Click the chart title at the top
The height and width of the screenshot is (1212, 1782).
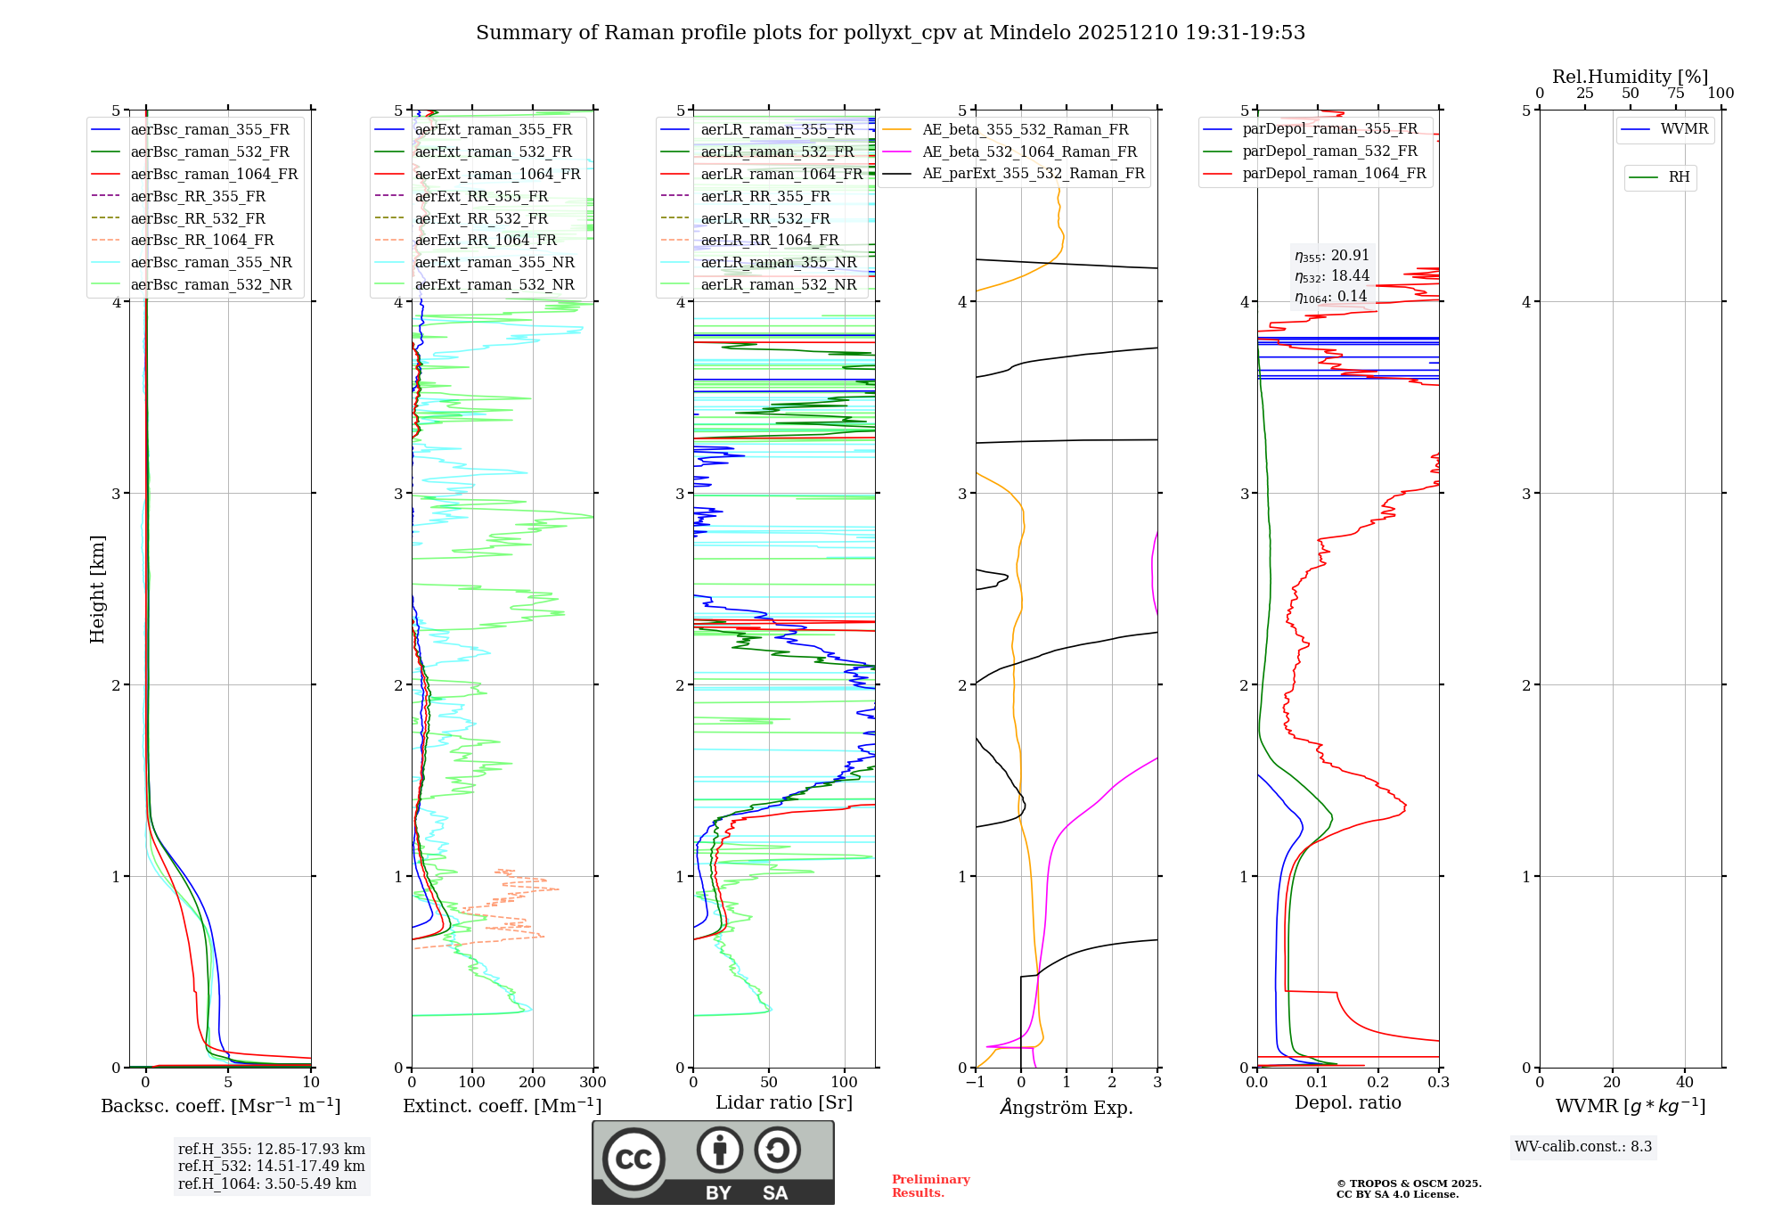coord(890,33)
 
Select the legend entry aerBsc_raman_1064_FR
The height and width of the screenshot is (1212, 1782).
coord(214,174)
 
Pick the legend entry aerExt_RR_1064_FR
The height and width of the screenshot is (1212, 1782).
coord(485,240)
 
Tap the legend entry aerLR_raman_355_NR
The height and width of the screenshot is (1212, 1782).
coord(778,262)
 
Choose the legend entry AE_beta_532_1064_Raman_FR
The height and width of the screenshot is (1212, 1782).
coord(1029,151)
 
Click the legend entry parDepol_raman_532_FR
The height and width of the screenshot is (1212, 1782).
coord(1329,151)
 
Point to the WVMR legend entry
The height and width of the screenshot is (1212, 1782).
coord(1684,129)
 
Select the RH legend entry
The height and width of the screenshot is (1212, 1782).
coord(1679,177)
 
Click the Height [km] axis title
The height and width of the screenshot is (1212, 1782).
coord(97,589)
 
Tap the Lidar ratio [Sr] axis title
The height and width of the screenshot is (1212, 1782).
coord(784,1102)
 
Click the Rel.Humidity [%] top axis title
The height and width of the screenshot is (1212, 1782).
coord(1630,77)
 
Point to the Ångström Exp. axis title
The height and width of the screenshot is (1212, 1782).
coord(1067,1108)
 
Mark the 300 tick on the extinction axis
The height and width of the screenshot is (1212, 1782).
coord(593,1083)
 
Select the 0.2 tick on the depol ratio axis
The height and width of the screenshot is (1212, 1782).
coord(1378,1083)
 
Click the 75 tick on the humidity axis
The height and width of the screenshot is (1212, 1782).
coord(1675,94)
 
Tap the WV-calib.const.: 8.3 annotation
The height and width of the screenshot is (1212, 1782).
coord(1583,1147)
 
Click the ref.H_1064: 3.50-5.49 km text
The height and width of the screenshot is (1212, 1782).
coord(267,1184)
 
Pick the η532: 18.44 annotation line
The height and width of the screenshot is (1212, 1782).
coord(1332,276)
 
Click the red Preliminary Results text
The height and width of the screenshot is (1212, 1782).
coord(930,1186)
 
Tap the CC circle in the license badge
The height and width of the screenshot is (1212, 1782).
coord(634,1159)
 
